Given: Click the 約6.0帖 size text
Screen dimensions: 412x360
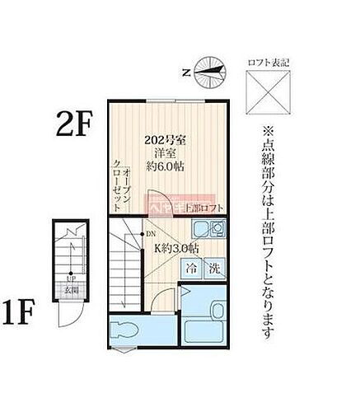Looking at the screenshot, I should [x=166, y=166].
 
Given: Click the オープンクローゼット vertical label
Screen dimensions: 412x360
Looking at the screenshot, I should [x=121, y=176].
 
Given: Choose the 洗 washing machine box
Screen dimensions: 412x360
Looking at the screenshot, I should [x=213, y=268].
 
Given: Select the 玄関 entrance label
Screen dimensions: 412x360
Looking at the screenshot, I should [x=72, y=290].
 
